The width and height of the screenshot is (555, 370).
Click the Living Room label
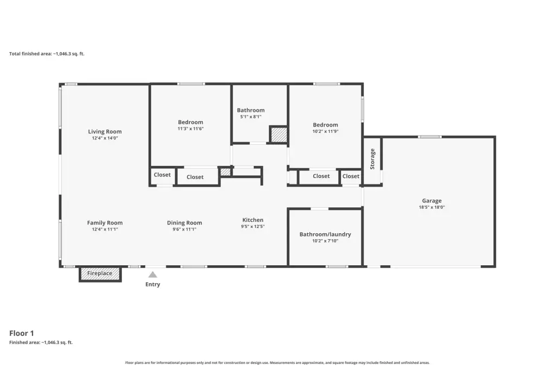coord(105,131)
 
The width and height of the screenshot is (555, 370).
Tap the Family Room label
coord(105,222)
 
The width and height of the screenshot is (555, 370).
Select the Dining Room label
coord(184,222)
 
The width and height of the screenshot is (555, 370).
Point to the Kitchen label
coord(253,220)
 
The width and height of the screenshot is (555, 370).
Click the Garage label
coord(432,201)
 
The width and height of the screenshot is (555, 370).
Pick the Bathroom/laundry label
coord(325,234)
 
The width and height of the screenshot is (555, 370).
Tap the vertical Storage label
coord(372,159)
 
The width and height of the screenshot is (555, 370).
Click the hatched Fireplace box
coord(100,273)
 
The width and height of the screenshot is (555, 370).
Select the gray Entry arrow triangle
coord(152,275)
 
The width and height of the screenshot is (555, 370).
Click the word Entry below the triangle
coord(152,284)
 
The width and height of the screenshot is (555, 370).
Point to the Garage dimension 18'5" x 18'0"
coord(432,207)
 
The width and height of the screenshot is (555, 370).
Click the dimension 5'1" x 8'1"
coord(250,117)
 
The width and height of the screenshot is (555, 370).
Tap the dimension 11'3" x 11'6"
coord(190,129)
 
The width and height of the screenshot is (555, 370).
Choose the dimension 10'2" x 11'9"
coord(325,131)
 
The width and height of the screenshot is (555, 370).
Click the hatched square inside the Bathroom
coord(279,135)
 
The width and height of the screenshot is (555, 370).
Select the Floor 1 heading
coord(22,333)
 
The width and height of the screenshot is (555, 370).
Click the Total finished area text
coord(47,54)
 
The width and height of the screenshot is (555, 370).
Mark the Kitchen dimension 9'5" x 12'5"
coord(253,226)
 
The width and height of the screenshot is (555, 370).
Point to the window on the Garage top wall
coord(430,137)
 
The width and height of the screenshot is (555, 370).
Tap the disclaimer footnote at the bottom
coord(277,362)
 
